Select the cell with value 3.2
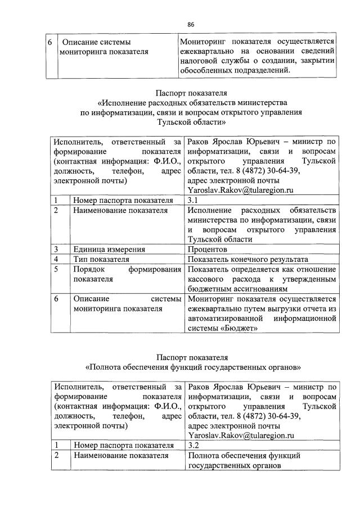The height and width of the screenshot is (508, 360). pyautogui.click(x=194, y=445)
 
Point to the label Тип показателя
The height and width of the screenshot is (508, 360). pyautogui.click(x=101, y=260)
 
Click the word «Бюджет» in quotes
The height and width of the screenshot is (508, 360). pyautogui.click(x=241, y=329)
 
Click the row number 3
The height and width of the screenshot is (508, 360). pyautogui.click(x=57, y=250)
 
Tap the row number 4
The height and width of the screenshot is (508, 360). pyautogui.click(x=57, y=260)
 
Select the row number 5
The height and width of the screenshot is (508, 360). pyautogui.click(x=57, y=270)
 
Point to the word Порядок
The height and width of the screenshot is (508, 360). pyautogui.click(x=89, y=270)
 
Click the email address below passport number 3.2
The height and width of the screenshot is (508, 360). pyautogui.click(x=241, y=435)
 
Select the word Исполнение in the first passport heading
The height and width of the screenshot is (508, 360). pyautogui.click(x=124, y=103)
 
